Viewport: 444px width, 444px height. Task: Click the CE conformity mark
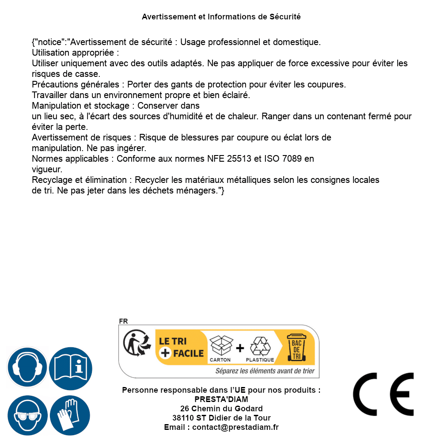click(x=383, y=394)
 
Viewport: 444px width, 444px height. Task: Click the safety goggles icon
click(x=27, y=416)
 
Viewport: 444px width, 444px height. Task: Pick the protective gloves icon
click(x=70, y=416)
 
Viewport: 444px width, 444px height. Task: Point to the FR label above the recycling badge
click(x=123, y=321)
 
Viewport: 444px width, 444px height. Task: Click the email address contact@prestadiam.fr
click(x=235, y=427)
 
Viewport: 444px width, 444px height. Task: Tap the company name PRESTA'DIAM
click(x=221, y=399)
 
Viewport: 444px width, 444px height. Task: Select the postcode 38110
click(x=182, y=418)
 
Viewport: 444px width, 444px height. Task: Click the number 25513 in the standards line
click(x=238, y=159)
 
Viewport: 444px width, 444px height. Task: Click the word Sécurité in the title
click(x=285, y=17)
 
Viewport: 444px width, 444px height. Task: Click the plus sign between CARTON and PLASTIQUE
click(x=240, y=348)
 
